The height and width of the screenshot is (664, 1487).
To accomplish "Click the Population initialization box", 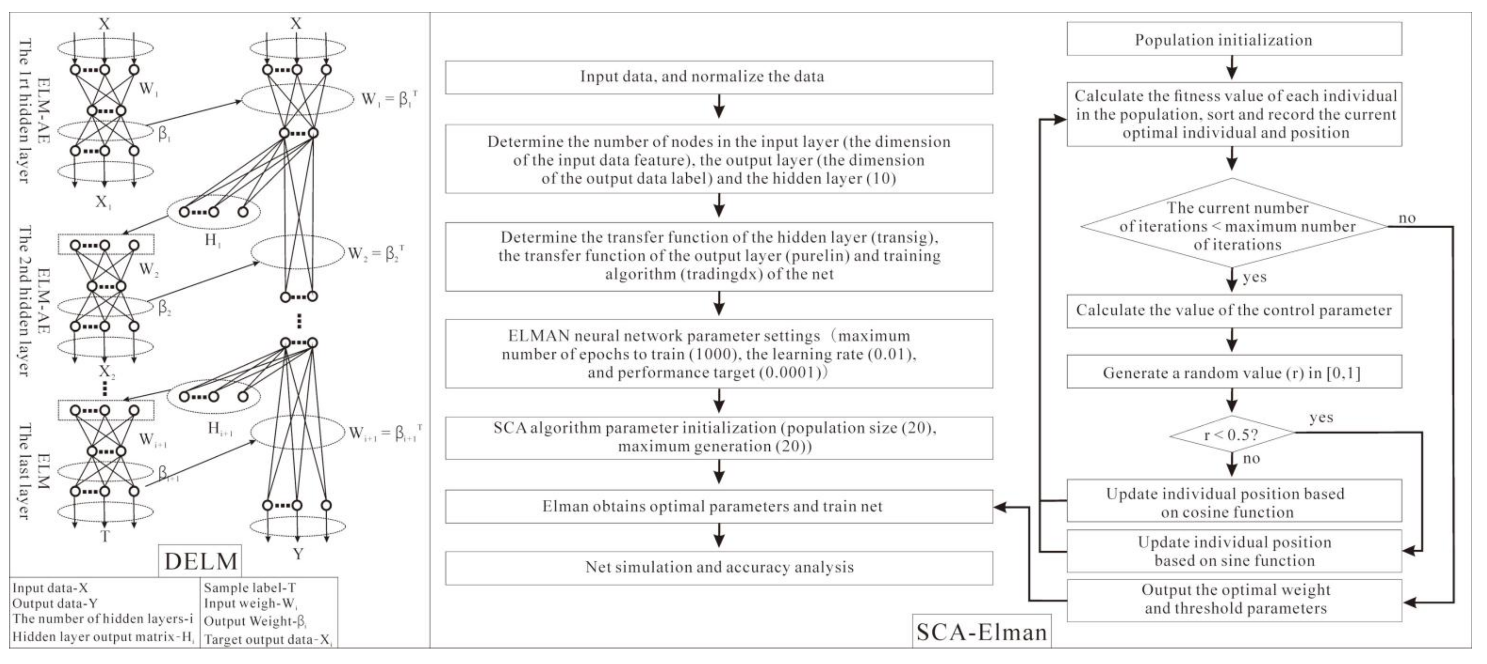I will pyautogui.click(x=1234, y=39).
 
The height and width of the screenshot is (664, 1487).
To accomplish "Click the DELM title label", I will pyautogui.click(x=200, y=561).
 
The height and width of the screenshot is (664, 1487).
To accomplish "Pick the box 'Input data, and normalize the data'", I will pyautogui.click(x=719, y=77).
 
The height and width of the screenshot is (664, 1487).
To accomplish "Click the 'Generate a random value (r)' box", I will pyautogui.click(x=1234, y=372).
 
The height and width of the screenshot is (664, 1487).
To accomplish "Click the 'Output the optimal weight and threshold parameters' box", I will pyautogui.click(x=1234, y=599).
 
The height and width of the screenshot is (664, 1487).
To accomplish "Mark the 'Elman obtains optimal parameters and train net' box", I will pyautogui.click(x=719, y=506).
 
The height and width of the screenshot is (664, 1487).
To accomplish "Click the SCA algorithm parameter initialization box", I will pyautogui.click(x=719, y=437).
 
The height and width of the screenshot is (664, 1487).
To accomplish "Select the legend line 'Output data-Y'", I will pyautogui.click(x=55, y=603).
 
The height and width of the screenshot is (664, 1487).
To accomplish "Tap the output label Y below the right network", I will pyautogui.click(x=298, y=554).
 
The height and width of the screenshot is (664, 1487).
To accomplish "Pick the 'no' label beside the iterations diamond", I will pyautogui.click(x=1407, y=218).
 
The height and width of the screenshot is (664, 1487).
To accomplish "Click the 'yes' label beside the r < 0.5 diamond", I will pyautogui.click(x=1321, y=417).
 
